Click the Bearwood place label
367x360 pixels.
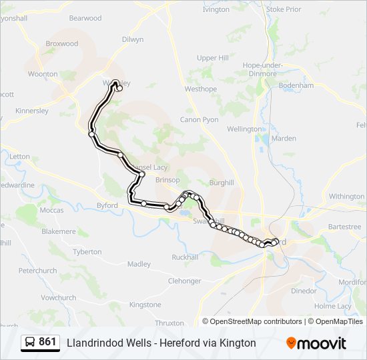pos(85,18)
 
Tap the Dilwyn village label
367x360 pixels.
pos(132,39)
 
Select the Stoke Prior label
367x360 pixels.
pos(284,10)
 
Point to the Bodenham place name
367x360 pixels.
pos(296,86)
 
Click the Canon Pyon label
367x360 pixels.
pos(199,120)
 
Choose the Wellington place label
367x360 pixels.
pos(244,129)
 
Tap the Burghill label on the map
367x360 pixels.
pos(222,182)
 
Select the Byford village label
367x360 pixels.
pos(107,206)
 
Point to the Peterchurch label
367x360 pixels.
pos(37,271)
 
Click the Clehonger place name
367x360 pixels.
pos(185,281)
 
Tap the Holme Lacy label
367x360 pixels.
pos(332,306)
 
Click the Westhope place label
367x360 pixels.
pos(201,89)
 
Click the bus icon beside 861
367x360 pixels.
pos(30,343)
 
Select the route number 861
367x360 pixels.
pos(47,342)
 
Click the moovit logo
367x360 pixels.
pos(316,343)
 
